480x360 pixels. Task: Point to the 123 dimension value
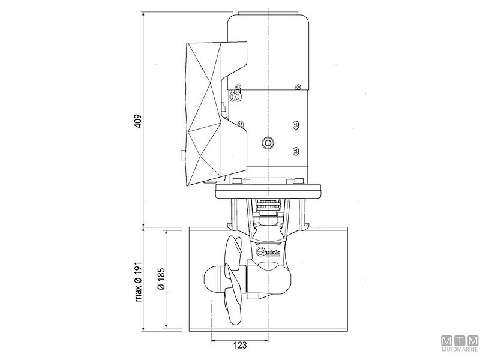[239, 346]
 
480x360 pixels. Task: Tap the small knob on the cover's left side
[182, 156]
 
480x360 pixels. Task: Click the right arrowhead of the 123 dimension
[266, 337]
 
